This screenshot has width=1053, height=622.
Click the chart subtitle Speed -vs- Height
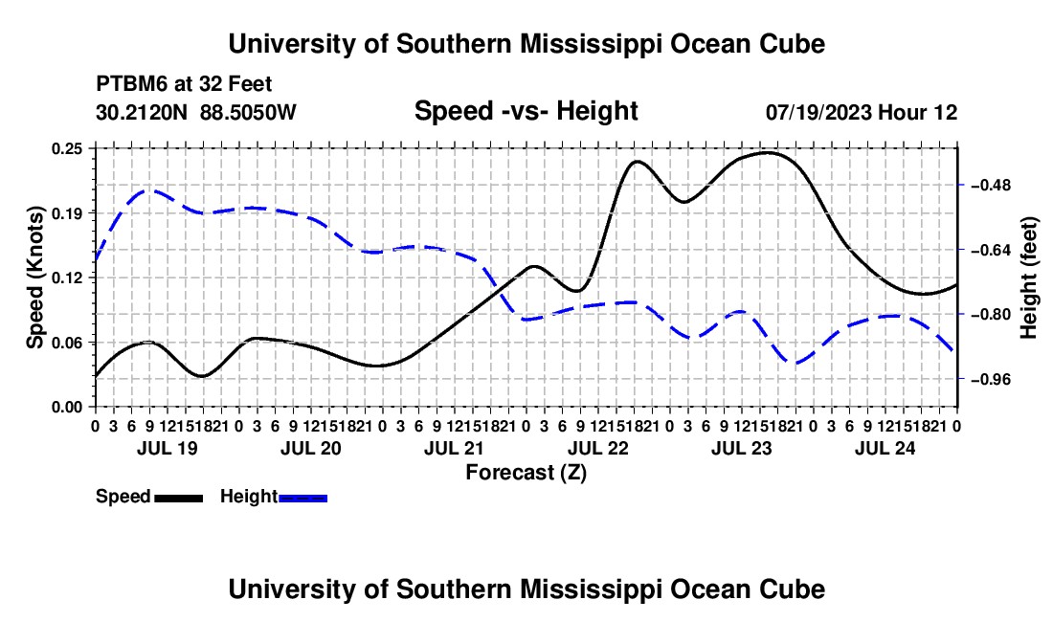pos(526,111)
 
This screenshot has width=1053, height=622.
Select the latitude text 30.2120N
pos(141,112)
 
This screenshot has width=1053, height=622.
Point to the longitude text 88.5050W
pos(248,112)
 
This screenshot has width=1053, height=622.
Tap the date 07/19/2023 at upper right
pos(818,112)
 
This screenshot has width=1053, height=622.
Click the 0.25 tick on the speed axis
pos(67,148)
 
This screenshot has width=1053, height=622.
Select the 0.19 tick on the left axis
pos(67,213)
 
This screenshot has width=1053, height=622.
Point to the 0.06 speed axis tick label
pos(67,343)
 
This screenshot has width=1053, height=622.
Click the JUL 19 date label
pos(168,448)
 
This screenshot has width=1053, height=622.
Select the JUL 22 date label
pos(597,448)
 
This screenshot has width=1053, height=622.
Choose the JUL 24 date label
pos(885,448)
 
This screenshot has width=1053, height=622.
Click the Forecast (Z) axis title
pos(526,473)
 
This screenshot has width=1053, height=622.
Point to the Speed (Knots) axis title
pos(35,278)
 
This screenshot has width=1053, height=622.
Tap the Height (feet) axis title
pos(1028,278)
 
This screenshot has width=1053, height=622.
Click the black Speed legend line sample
pos(179,498)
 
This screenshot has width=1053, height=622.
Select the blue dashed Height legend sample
pos(302,498)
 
